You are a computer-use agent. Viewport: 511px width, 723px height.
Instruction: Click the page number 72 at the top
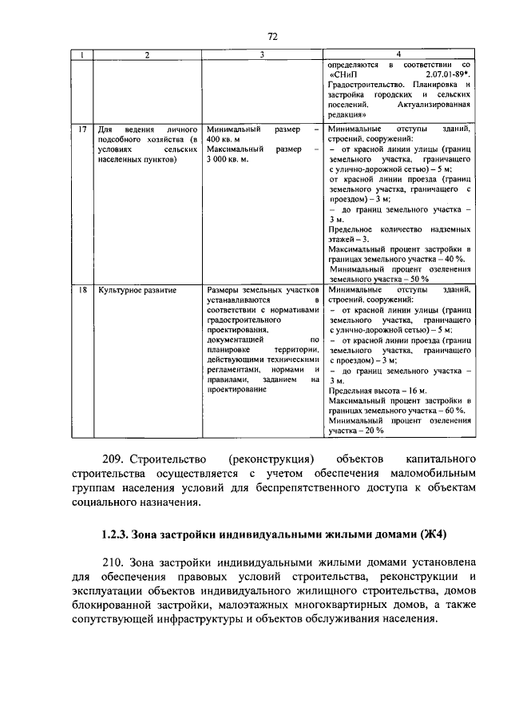pos(271,36)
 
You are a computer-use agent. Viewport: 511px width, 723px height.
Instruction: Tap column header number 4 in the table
pos(399,54)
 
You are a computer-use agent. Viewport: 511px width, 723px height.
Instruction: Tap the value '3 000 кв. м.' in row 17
pos(228,159)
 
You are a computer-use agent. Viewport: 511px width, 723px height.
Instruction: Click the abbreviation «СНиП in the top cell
pos(344,73)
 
